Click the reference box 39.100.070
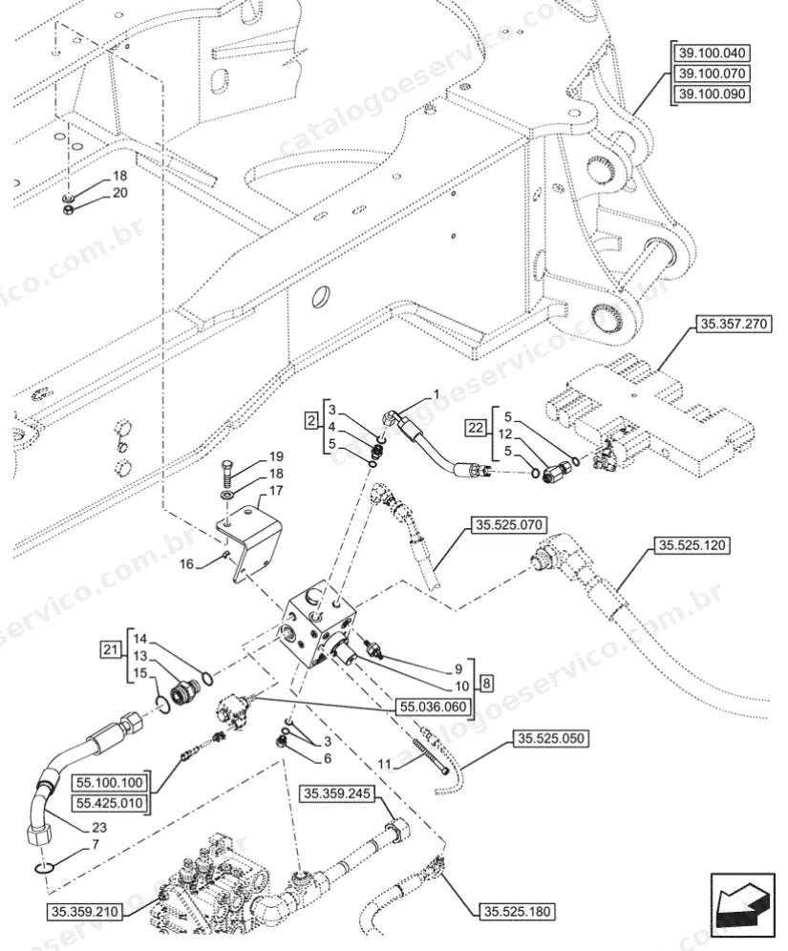(712, 74)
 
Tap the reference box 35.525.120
(692, 545)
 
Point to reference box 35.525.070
(509, 524)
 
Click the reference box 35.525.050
(551, 739)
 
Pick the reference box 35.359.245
(337, 793)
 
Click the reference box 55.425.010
(110, 803)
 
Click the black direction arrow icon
(744, 902)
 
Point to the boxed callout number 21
(110, 650)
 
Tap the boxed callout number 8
(486, 685)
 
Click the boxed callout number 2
(311, 420)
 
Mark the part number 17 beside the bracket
(276, 490)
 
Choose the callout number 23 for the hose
(99, 827)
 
